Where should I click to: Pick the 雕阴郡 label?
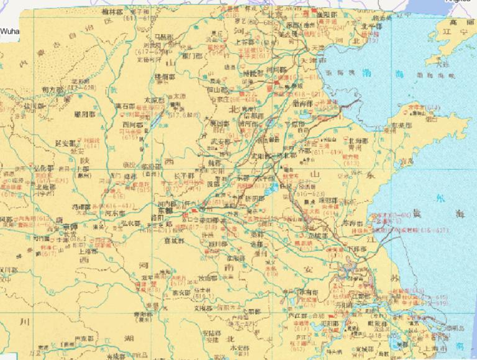click(84, 115)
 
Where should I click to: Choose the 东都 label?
click(165, 210)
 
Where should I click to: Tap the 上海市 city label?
click(419, 348)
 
